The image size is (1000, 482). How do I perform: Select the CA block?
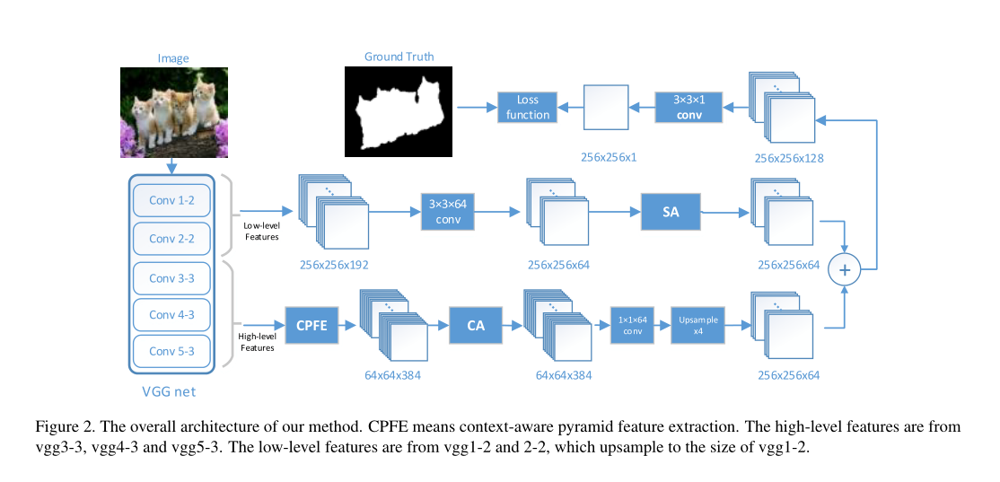click(x=476, y=326)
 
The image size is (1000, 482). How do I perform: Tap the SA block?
click(x=670, y=213)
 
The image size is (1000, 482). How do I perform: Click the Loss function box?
click(x=528, y=108)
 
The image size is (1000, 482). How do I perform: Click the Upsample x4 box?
click(x=697, y=326)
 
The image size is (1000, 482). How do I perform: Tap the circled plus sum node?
click(x=844, y=269)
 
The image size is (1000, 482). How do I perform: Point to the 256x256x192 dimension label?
click(x=335, y=265)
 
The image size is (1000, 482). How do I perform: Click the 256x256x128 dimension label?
click(x=789, y=158)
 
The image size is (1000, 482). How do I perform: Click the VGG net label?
click(x=169, y=391)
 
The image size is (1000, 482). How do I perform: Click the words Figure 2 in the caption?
click(x=63, y=425)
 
